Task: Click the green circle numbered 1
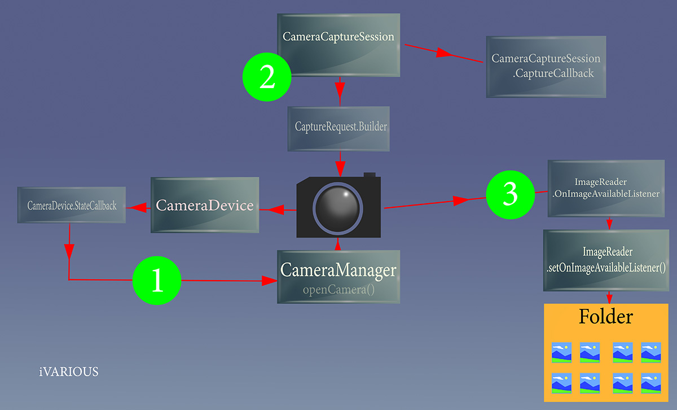[157, 281]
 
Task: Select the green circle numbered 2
[267, 77]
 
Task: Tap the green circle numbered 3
[511, 195]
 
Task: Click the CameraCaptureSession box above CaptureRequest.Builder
[338, 45]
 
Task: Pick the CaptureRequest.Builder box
[338, 129]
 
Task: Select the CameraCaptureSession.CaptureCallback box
[546, 67]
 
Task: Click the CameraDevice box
[205, 205]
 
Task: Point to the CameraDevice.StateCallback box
[71, 205]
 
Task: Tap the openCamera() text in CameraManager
[338, 290]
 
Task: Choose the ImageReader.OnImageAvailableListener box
[606, 188]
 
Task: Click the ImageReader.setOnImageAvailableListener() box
[606, 260]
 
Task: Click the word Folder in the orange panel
[606, 316]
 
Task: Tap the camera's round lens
[337, 208]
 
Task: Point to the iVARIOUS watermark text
[69, 372]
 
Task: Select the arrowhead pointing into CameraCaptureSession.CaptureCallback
[444, 53]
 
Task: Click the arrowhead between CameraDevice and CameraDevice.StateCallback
[138, 208]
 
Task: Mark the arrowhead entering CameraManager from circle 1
[269, 281]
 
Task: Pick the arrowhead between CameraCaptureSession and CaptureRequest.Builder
[340, 90]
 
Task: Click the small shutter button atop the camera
[370, 175]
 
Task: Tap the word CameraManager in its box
[338, 269]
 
